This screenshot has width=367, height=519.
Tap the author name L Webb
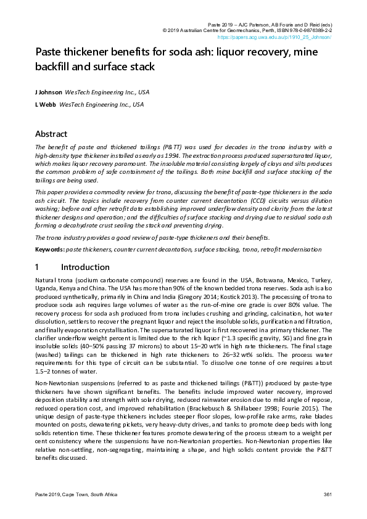click(x=46, y=105)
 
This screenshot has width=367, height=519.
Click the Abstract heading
click(x=51, y=134)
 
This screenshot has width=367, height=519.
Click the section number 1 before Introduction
click(x=38, y=267)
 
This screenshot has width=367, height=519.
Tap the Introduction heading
click(x=85, y=267)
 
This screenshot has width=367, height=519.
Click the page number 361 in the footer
click(x=328, y=496)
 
